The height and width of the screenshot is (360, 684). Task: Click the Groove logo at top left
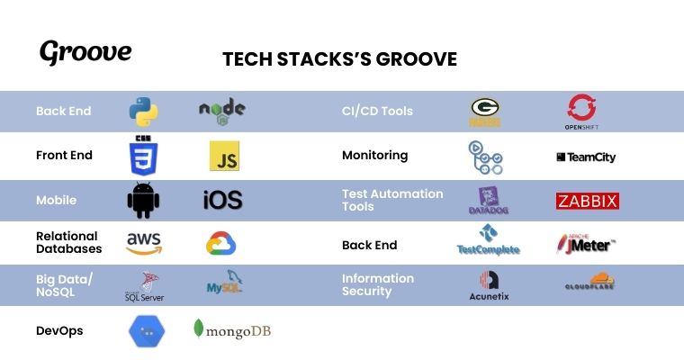click(x=85, y=52)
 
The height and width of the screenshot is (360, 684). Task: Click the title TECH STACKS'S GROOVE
click(x=340, y=59)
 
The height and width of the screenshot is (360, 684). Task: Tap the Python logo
click(x=143, y=111)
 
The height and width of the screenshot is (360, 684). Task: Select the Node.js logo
click(x=221, y=111)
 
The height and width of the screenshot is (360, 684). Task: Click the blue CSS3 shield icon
click(x=143, y=156)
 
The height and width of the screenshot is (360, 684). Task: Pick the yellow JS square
click(x=224, y=156)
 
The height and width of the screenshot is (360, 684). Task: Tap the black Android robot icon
click(x=143, y=200)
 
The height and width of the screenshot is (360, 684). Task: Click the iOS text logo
click(x=222, y=201)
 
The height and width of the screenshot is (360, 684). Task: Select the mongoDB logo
click(x=232, y=330)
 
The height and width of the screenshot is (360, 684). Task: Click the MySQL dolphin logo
click(x=224, y=285)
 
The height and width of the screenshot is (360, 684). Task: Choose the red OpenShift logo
click(x=581, y=112)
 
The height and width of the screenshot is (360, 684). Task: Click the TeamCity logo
click(x=586, y=157)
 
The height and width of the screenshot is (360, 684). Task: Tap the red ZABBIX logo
click(x=587, y=201)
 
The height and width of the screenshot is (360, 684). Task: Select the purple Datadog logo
click(x=489, y=201)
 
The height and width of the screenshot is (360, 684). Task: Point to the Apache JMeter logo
click(x=586, y=243)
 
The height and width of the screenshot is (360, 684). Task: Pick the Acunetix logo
click(x=490, y=286)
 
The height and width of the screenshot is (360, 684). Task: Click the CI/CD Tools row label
click(x=377, y=112)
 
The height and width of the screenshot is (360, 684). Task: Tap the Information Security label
click(x=378, y=284)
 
